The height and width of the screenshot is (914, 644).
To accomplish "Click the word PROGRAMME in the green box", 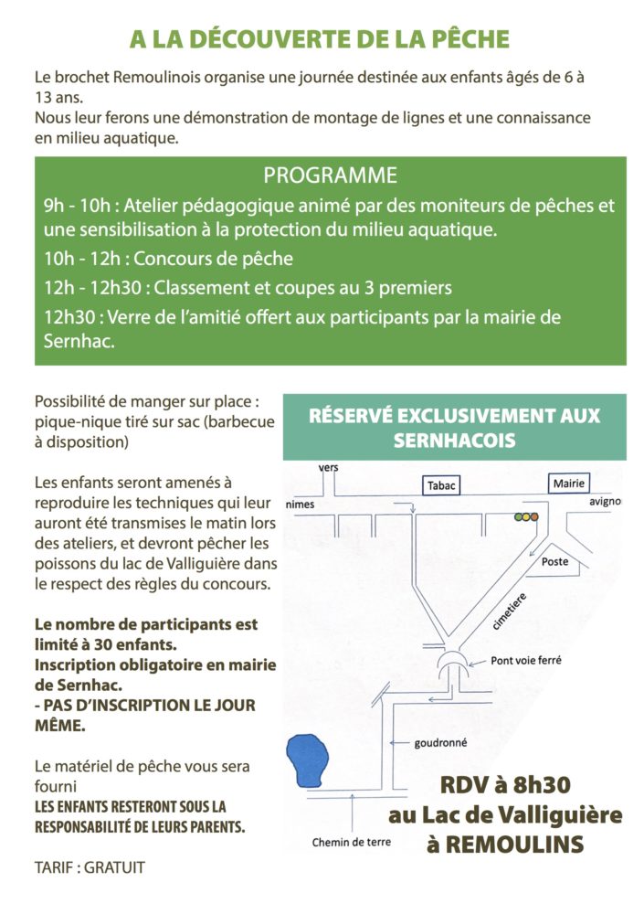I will click(331, 175).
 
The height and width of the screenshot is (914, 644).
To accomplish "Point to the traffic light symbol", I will click(526, 517).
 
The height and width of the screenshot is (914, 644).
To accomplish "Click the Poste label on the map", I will click(554, 562).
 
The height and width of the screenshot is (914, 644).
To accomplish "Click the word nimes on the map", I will click(301, 504).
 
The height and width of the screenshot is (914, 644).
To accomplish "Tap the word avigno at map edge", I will click(606, 502).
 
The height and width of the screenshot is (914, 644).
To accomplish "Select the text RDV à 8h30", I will click(504, 785).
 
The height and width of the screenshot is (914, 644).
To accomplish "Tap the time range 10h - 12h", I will click(77, 259).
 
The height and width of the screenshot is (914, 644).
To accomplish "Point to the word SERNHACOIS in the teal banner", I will click(454, 440).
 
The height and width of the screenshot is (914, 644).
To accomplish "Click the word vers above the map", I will click(329, 468).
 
